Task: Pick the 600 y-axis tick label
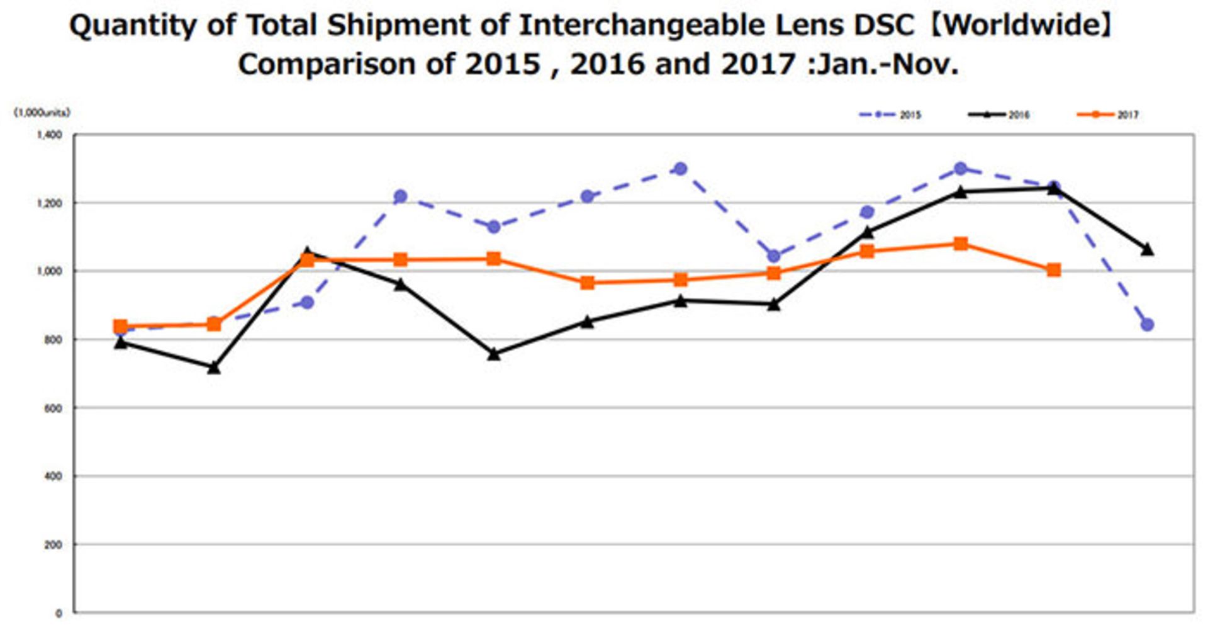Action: (x=53, y=408)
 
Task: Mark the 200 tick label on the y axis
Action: (x=53, y=545)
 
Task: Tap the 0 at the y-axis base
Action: (x=59, y=613)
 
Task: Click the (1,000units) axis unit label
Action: (x=42, y=113)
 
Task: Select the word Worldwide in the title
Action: (x=1021, y=25)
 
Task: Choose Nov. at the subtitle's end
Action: (x=925, y=64)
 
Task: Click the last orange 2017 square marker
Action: (x=1054, y=270)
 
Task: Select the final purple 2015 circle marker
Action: (x=1147, y=325)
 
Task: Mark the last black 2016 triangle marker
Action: (x=1147, y=250)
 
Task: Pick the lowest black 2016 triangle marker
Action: (x=214, y=368)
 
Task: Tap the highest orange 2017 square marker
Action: (x=961, y=244)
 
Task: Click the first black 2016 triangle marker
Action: (x=121, y=343)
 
